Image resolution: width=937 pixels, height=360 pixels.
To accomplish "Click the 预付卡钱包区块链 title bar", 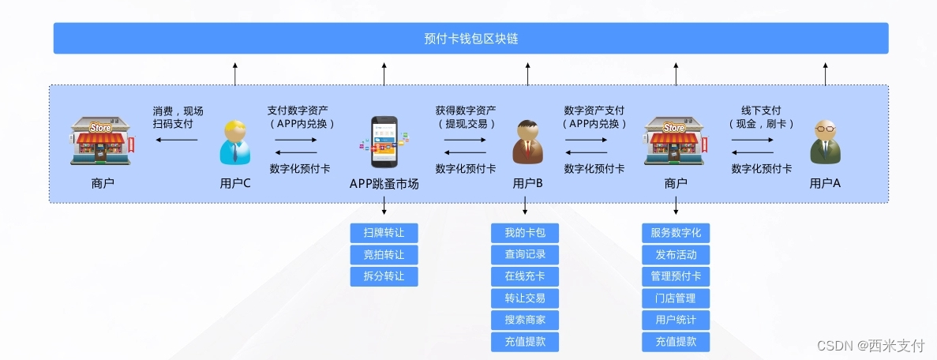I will tap(470, 38).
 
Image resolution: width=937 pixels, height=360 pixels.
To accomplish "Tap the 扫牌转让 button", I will tap(384, 233).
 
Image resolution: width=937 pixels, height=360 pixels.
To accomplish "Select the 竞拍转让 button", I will tap(384, 255).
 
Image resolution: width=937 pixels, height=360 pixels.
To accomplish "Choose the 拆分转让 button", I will tap(384, 277).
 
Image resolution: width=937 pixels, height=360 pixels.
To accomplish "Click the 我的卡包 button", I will tap(525, 233).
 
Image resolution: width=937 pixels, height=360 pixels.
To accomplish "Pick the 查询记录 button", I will tap(525, 255).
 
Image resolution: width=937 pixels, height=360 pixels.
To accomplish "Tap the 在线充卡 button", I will tap(525, 277).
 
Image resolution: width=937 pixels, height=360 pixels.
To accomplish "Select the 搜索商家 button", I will tap(525, 321).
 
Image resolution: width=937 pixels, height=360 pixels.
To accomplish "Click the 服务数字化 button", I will tap(676, 233).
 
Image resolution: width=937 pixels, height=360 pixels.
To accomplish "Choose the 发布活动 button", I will tap(676, 255).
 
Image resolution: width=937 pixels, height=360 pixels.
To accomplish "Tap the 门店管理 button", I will tap(676, 298).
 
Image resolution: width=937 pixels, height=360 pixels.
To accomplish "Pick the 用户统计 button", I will tap(676, 321).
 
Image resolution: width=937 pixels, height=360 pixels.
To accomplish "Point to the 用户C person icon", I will tap(235, 142).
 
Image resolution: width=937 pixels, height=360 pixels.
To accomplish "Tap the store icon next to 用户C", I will tap(101, 141).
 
